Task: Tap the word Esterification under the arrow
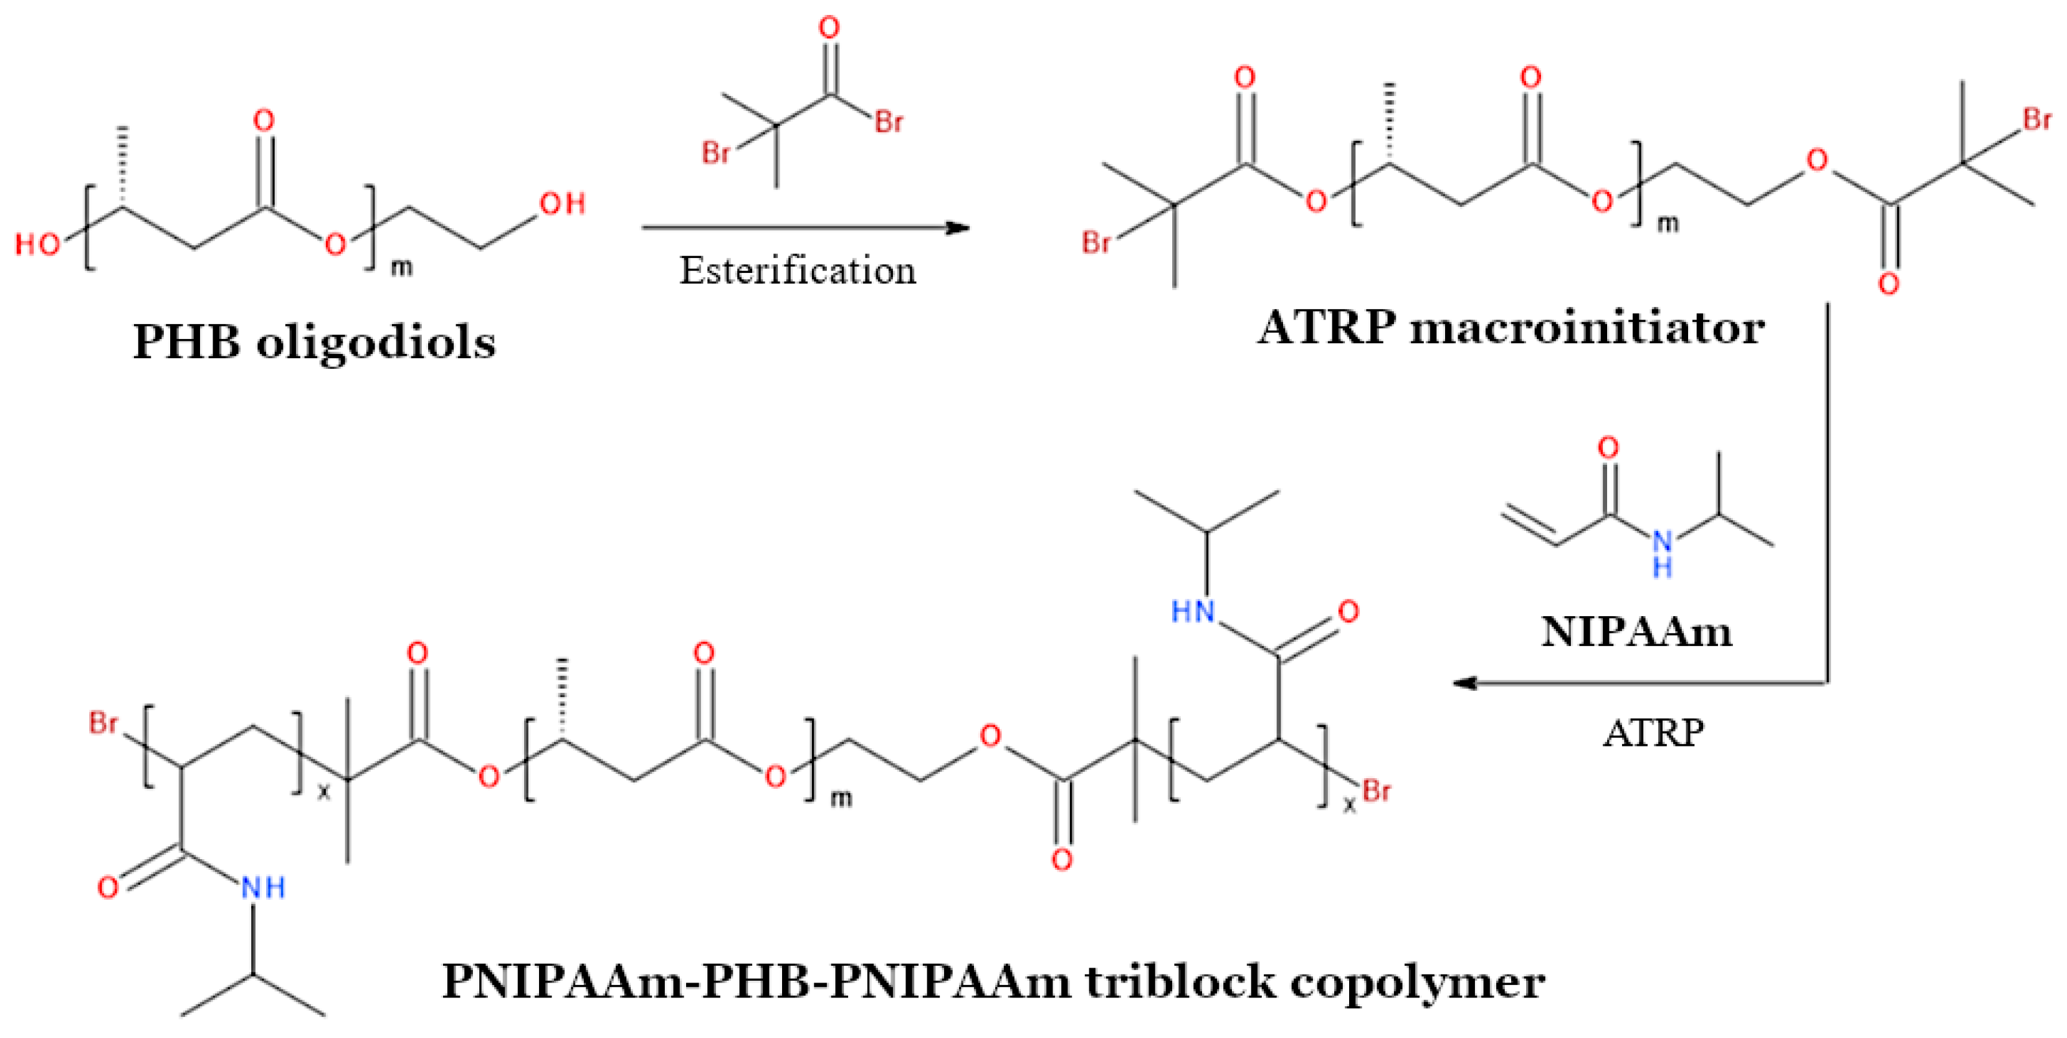point(798,271)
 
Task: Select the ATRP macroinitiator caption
point(1510,329)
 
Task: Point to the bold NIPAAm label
point(1637,632)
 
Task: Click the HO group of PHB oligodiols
point(37,244)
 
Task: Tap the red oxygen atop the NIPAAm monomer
point(1608,447)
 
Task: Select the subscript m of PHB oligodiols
point(401,267)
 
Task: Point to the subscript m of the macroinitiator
point(1668,224)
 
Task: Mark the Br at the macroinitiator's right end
point(2037,120)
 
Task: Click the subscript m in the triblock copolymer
point(840,798)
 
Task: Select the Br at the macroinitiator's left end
point(1096,242)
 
